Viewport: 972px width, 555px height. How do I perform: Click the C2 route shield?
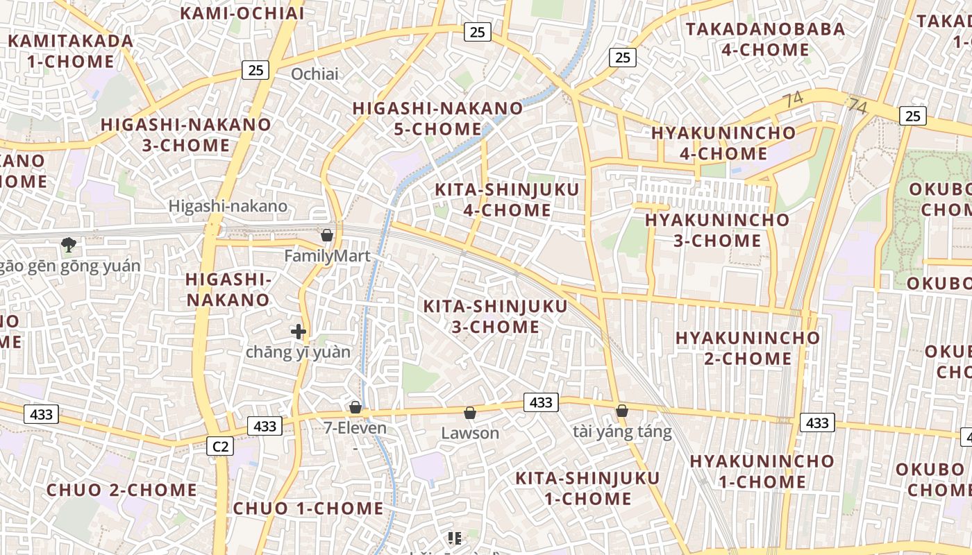[x=220, y=446]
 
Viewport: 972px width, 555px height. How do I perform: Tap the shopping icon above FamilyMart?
[x=327, y=236]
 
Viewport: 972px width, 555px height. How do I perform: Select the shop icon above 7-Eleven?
[x=355, y=407]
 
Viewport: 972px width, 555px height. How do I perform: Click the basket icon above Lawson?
[x=470, y=413]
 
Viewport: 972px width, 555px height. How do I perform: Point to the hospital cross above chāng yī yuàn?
[x=299, y=332]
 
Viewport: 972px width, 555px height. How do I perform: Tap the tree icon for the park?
[x=68, y=244]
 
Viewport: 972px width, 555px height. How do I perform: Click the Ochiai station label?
[x=315, y=74]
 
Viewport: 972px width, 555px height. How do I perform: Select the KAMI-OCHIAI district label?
[x=242, y=13]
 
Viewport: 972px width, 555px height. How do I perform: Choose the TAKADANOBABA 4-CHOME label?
[x=766, y=40]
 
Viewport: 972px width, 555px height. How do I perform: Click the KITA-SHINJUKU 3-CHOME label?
[x=496, y=316]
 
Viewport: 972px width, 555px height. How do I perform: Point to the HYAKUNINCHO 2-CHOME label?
[x=748, y=348]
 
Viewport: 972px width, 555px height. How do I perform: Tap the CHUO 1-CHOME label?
[x=308, y=509]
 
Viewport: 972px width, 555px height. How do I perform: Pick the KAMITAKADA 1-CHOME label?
[x=71, y=51]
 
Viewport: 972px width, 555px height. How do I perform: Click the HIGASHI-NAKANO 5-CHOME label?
[x=437, y=119]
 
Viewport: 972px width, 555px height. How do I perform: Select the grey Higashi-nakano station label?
[x=228, y=206]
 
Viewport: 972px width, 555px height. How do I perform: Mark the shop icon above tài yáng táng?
[x=622, y=411]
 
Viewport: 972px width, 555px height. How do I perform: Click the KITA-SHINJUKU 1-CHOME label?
[x=587, y=488]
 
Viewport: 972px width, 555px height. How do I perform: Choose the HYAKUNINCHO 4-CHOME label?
[x=723, y=143]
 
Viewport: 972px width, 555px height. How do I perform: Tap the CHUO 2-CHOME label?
[x=121, y=490]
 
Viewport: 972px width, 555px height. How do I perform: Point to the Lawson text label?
[x=470, y=434]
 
